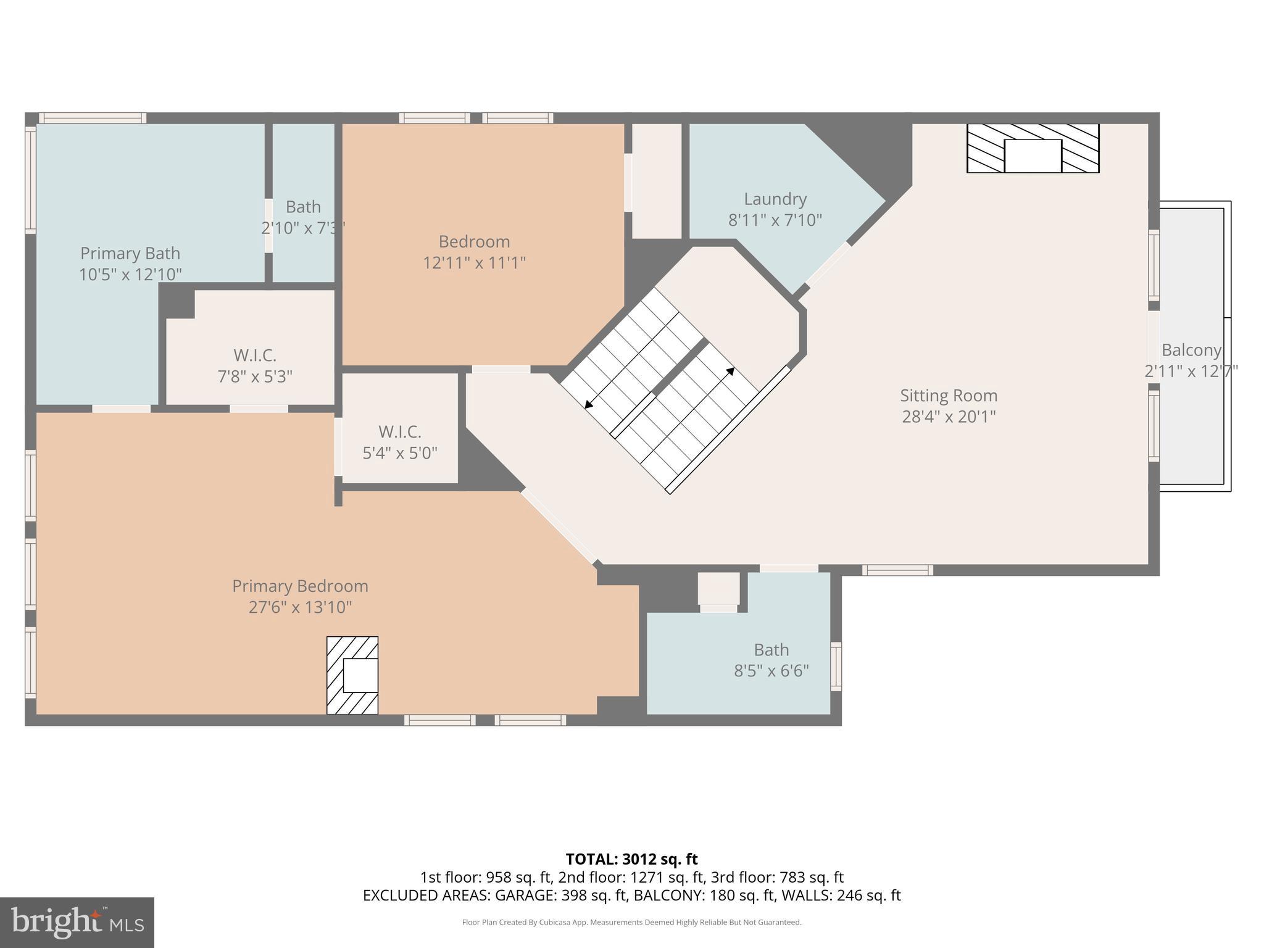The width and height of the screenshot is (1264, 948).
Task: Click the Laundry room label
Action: [x=775, y=199]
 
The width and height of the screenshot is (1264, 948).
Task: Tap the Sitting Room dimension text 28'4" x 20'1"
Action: [x=949, y=417]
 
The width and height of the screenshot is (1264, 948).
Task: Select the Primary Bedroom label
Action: [x=300, y=586]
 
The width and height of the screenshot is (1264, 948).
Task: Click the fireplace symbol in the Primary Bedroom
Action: [x=352, y=675]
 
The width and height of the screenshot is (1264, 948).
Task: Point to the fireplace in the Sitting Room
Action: [x=1033, y=148]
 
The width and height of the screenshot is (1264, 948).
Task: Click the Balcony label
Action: [x=1191, y=350]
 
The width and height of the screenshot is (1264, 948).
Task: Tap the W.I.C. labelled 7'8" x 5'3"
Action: [x=254, y=365]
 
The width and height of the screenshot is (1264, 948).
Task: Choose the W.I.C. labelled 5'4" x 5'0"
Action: [x=399, y=442]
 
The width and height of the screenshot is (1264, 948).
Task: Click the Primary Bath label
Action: [x=130, y=254]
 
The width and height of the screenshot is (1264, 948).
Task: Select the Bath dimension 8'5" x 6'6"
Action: [x=771, y=670]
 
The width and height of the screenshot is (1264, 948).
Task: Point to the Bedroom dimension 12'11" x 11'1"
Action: [x=474, y=263]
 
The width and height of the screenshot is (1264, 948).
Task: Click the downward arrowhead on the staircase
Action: [x=588, y=405]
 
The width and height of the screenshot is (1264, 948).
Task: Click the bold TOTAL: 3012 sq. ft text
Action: [x=631, y=859]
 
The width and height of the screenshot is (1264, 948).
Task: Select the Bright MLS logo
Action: [x=77, y=922]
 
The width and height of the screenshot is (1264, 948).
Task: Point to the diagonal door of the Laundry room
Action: [x=828, y=264]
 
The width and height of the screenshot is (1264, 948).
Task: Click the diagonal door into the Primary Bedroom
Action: [x=560, y=526]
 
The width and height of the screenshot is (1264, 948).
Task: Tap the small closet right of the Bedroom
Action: [x=657, y=181]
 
